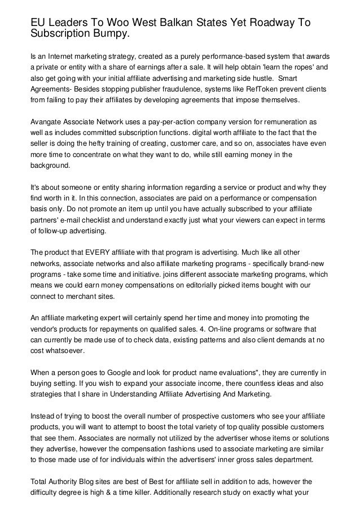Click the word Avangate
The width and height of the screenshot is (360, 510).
[x=47, y=123]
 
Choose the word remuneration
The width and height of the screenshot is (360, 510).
[x=293, y=123]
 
